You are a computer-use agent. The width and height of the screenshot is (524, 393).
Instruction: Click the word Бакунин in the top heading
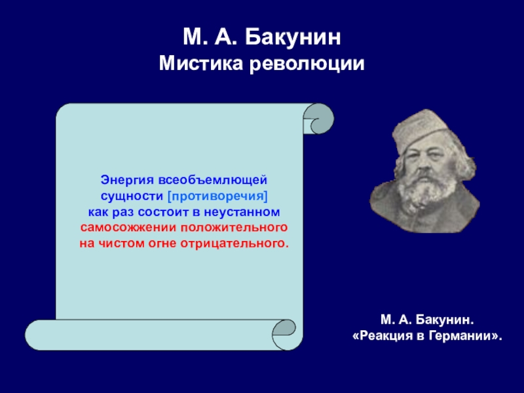pos(293,37)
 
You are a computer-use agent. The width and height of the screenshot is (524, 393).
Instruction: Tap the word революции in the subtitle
pos(307,64)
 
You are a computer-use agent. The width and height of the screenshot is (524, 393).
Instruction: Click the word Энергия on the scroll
pos(127,181)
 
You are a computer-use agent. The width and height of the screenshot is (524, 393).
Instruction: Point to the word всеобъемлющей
pos(212,180)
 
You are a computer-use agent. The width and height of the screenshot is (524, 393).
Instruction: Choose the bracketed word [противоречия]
pos(217,196)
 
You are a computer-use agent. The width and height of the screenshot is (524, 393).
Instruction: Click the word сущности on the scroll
pos(132,196)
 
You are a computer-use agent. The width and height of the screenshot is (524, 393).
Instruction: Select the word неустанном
pos(242,212)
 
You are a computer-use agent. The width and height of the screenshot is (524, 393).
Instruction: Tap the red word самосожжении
pos(128,227)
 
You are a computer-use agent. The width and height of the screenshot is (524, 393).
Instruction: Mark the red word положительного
pos(234,228)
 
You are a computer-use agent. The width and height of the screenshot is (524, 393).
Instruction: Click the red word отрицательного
pos(234,244)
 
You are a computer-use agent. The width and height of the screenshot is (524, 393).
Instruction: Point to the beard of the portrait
pos(422,189)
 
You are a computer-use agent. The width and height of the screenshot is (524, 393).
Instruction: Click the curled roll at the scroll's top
pos(318,119)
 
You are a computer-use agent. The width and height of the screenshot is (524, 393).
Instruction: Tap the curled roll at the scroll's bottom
pos(284,335)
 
